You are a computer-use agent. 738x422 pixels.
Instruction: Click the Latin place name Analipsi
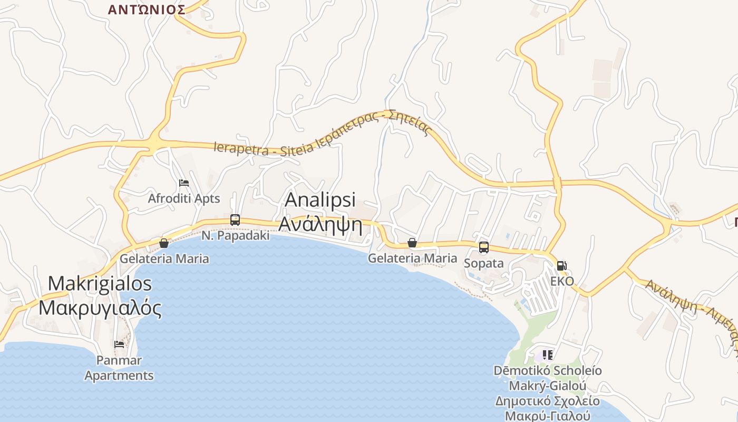point(321,200)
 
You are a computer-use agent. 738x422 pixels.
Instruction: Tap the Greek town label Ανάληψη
point(321,224)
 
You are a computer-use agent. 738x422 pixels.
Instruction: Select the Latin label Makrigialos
point(100,284)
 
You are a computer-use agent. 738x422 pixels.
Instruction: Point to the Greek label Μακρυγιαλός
point(100,308)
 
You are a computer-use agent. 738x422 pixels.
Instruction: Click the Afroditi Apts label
point(184,199)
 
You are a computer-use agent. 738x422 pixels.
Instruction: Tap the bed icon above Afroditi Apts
point(184,183)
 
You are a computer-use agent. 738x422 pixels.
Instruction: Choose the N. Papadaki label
point(235,236)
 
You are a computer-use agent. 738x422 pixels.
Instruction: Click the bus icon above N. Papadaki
point(235,220)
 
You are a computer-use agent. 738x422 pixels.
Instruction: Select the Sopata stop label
point(483,263)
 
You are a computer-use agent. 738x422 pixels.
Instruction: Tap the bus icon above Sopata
point(483,247)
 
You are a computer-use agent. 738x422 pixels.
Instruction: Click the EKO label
point(562,281)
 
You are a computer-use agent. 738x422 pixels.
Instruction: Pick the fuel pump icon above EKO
point(562,265)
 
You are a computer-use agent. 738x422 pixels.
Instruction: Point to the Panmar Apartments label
point(119,368)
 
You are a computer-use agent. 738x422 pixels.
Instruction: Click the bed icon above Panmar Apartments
point(119,344)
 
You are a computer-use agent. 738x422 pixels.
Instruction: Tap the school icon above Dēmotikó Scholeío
point(547,355)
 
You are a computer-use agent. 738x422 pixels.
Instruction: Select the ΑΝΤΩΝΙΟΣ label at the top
point(147,9)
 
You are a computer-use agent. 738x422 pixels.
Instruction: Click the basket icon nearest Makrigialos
point(164,243)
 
